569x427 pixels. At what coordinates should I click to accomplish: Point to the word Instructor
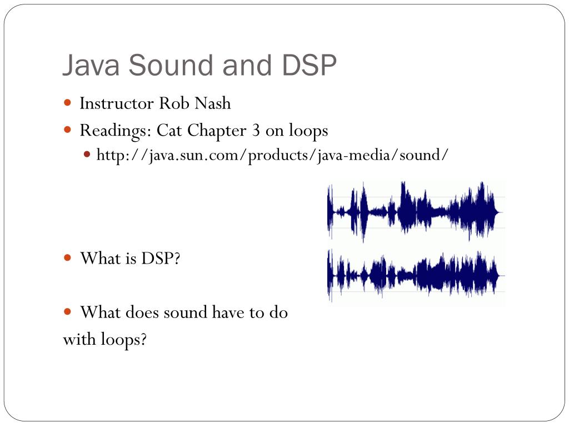pyautogui.click(x=117, y=103)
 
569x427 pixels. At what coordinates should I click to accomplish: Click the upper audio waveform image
pyautogui.click(x=416, y=211)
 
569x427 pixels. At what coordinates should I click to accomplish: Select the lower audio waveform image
pyautogui.click(x=416, y=275)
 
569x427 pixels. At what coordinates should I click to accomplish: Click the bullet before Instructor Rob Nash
pyautogui.click(x=68, y=103)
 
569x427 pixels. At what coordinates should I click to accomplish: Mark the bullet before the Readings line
pyautogui.click(x=68, y=130)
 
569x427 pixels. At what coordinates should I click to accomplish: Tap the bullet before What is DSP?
pyautogui.click(x=68, y=258)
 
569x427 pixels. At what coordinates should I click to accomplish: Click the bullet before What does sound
pyautogui.click(x=68, y=312)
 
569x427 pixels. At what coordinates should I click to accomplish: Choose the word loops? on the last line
pyautogui.click(x=123, y=339)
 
